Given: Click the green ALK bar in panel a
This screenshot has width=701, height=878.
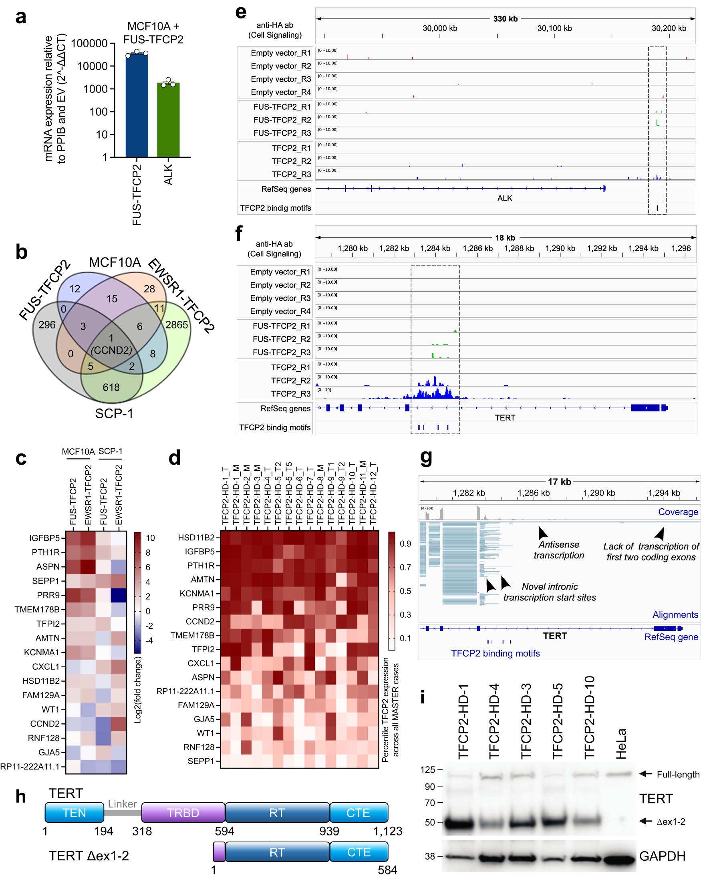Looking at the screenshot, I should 168,120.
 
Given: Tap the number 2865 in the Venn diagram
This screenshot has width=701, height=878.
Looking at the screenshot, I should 176,324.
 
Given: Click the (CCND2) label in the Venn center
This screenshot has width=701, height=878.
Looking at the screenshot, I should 111,350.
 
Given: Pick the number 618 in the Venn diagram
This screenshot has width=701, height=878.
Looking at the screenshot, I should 111,387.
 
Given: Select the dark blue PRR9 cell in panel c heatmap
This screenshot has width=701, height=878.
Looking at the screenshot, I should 119,595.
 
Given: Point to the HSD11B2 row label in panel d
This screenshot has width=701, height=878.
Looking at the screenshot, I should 196,538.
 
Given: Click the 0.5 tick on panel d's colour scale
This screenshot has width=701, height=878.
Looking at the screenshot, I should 405,591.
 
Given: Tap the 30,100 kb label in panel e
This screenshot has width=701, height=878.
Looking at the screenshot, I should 554,28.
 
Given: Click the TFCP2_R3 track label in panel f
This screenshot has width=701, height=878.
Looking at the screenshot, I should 290,394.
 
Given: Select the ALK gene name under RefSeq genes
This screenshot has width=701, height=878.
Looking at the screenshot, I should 504,198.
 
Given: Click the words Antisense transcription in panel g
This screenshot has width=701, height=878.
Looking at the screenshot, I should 558,550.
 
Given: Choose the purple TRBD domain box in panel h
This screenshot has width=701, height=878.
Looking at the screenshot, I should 183,812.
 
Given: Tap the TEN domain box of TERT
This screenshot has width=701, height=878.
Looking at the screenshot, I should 74,812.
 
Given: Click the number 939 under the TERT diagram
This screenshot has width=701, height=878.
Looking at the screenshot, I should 329,831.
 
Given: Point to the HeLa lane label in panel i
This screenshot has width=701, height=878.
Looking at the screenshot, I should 620,743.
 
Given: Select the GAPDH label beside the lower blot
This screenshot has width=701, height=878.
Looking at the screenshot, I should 662,856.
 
